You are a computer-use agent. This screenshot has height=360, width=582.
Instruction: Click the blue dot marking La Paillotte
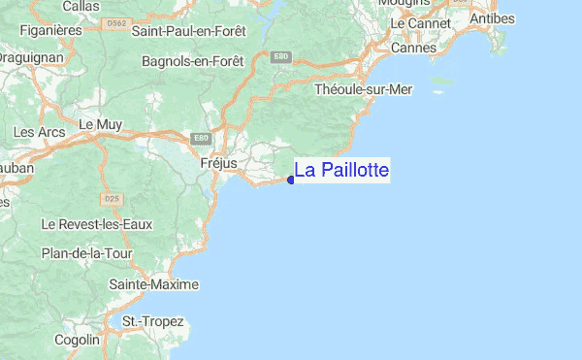(x=291, y=179)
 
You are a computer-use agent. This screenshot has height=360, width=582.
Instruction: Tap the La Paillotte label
(x=341, y=171)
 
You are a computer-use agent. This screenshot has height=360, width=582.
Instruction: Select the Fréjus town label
(x=217, y=164)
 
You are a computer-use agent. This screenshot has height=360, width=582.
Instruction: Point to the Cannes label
(x=412, y=48)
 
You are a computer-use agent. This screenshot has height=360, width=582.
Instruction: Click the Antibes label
(x=491, y=18)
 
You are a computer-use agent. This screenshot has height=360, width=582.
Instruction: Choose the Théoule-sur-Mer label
(x=364, y=89)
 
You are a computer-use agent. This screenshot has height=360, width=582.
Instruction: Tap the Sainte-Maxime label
(x=153, y=284)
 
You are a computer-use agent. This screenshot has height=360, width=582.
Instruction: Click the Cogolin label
(x=77, y=340)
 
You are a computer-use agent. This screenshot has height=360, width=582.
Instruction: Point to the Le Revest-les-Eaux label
(x=97, y=224)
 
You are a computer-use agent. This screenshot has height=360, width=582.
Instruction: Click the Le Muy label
(x=98, y=124)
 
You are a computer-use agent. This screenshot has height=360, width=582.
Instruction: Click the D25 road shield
(x=112, y=199)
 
